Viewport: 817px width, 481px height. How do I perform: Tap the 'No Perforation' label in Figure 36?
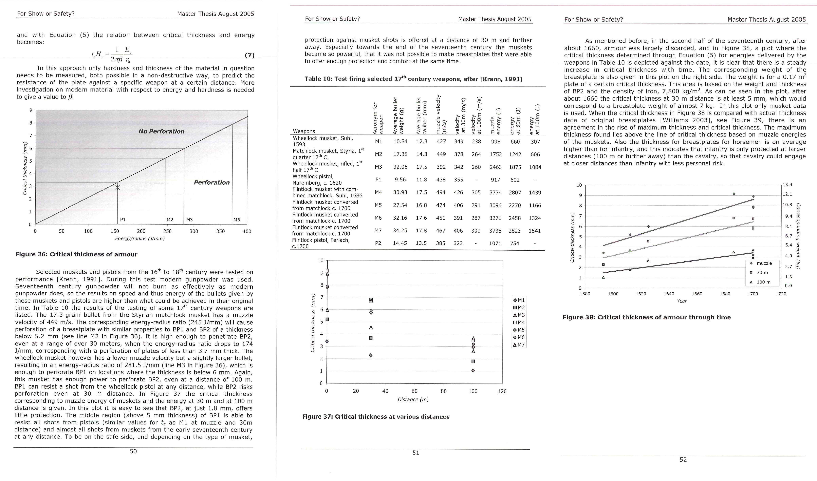[x=161, y=132]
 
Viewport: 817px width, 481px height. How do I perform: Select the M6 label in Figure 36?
[x=237, y=220]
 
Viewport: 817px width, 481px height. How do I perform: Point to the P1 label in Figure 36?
[x=123, y=220]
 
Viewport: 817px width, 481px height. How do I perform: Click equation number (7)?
[x=249, y=55]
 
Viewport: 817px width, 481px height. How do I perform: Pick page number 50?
[x=133, y=451]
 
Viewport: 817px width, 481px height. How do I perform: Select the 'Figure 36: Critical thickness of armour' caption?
[x=77, y=254]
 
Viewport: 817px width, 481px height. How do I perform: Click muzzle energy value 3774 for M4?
[x=495, y=193]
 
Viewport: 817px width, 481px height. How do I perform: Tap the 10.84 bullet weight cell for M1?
[x=400, y=141]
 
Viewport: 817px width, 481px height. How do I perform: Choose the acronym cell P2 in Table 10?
[x=378, y=243]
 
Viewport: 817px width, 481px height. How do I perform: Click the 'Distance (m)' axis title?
[x=413, y=400]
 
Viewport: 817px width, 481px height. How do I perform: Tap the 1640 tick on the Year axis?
[x=669, y=294]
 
